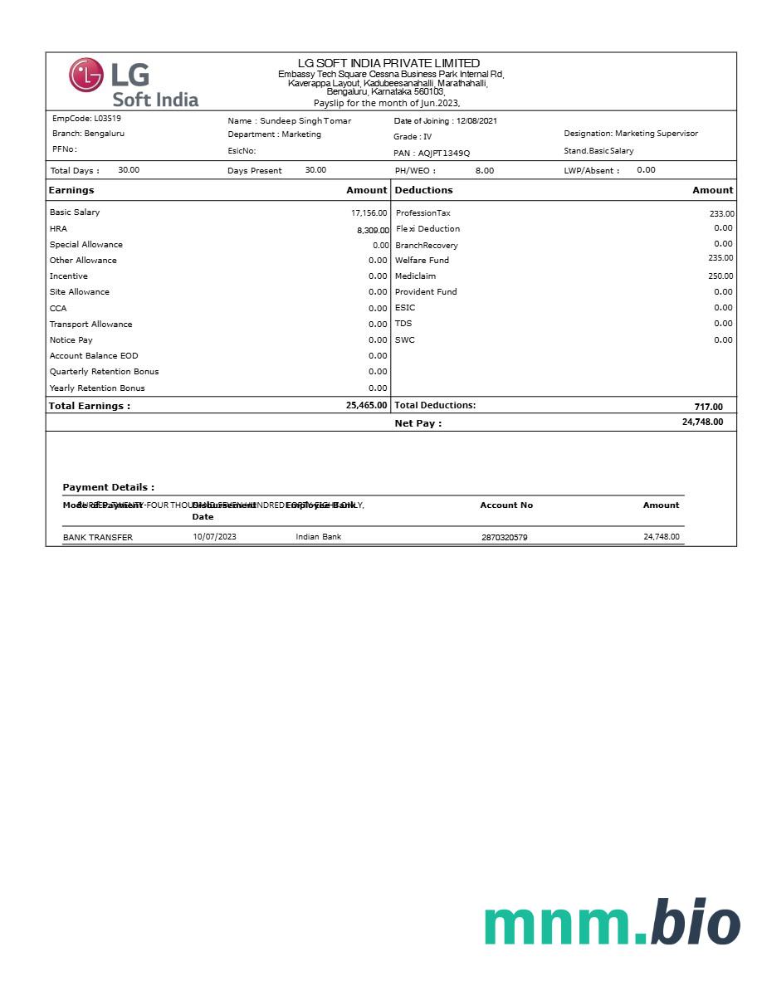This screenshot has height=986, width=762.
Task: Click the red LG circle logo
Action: coord(85,75)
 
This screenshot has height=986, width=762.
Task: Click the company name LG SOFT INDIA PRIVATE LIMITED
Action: coord(388,63)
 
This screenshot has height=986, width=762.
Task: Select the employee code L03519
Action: coord(107,119)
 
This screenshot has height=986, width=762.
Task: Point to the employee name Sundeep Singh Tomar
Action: coord(305,121)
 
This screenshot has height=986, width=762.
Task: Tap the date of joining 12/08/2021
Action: coord(476,121)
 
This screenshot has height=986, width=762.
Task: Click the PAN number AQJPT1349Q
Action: coord(444,154)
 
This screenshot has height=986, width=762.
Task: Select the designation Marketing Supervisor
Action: coord(657,134)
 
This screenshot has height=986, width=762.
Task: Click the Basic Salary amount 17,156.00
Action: coord(369,213)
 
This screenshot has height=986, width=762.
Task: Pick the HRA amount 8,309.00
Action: coord(373,230)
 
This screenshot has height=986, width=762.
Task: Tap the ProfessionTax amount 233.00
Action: coord(721,214)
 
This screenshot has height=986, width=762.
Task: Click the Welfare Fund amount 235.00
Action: coord(720,258)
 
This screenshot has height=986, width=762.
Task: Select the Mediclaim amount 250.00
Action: coord(720,276)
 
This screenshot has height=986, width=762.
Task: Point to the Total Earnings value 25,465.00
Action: coord(366,406)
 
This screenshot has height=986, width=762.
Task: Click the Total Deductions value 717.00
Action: coord(708,407)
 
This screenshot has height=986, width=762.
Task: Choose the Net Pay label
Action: coord(418,423)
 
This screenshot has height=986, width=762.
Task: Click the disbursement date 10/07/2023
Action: coord(214,537)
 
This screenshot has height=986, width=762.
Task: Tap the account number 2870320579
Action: coord(504,538)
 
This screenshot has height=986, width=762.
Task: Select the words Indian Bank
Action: coord(318,537)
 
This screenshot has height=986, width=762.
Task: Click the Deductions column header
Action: coord(423,190)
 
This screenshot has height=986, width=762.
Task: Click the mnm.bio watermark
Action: coord(612,923)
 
